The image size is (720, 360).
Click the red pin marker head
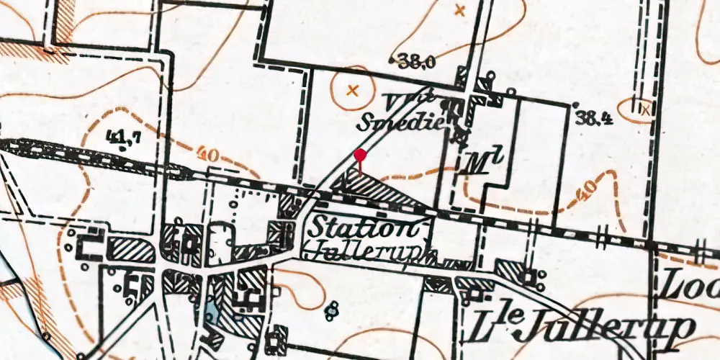coord(361,154)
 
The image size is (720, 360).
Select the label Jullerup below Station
coord(372,252)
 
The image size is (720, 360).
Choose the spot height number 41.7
coord(122,135)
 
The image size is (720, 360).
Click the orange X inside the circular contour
coord(352,91)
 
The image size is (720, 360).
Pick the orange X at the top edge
coord(461,10)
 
